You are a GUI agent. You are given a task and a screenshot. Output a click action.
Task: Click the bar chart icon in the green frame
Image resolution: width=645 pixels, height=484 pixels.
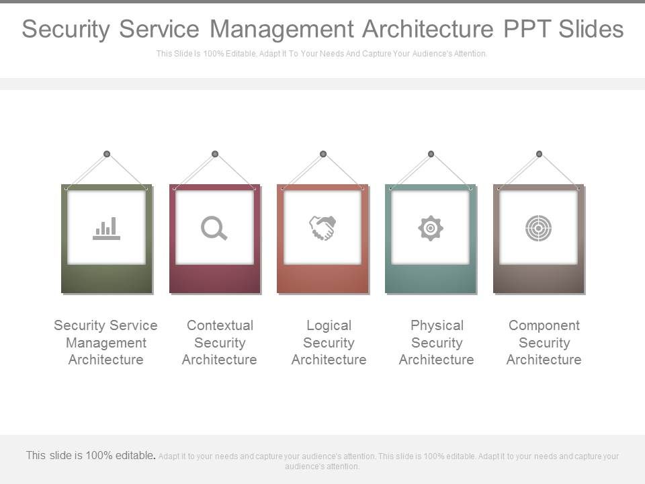tap(107, 229)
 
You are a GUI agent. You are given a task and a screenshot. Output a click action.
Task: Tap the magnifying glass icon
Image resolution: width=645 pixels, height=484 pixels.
tap(214, 229)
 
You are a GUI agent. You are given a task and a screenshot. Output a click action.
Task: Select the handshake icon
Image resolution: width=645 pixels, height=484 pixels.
tap(322, 229)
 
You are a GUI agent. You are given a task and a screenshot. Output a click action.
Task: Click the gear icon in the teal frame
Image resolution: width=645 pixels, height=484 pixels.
tap(431, 229)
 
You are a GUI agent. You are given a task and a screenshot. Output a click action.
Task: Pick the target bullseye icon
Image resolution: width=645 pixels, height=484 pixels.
tap(538, 229)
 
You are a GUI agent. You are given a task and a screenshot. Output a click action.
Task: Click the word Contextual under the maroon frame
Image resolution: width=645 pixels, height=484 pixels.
tap(220, 325)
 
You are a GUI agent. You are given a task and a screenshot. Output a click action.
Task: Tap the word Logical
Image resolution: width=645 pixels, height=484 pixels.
tap(329, 325)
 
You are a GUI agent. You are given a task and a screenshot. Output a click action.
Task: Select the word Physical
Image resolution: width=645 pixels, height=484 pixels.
tap(437, 325)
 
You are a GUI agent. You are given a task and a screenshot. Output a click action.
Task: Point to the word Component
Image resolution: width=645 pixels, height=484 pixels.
tap(544, 325)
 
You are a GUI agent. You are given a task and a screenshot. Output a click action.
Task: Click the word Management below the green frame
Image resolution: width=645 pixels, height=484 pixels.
tap(105, 343)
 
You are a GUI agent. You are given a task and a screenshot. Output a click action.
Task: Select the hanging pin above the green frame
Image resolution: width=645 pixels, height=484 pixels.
tap(107, 154)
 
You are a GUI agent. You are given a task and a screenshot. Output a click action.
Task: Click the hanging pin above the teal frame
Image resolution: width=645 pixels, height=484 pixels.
tap(431, 154)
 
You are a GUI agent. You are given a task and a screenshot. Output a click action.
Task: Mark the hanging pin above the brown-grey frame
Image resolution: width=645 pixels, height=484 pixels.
tap(539, 154)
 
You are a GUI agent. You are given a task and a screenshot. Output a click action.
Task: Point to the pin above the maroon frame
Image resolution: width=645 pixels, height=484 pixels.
tap(215, 154)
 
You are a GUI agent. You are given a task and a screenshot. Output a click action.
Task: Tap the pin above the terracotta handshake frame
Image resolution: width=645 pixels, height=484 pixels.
tap(323, 154)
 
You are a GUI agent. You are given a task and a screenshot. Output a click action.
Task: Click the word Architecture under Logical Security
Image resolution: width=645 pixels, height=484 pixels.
tap(329, 360)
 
